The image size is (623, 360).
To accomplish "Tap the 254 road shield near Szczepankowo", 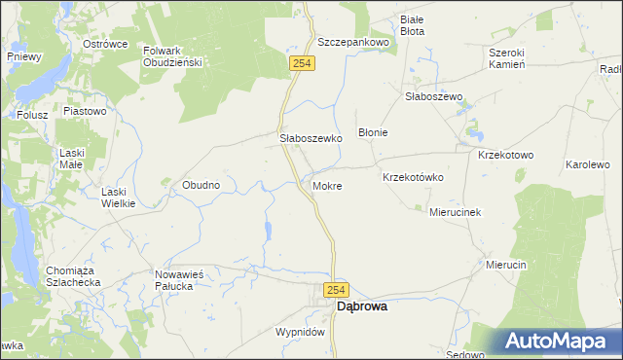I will [301, 63].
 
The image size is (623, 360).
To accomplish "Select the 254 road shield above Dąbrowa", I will [336, 291].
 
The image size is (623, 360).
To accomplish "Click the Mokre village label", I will [327, 185].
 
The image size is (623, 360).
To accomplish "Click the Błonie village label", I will [374, 132].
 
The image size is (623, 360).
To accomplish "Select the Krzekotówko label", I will [413, 177].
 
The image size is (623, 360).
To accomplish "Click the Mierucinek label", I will [457, 211].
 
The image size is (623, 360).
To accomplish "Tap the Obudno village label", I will [202, 184].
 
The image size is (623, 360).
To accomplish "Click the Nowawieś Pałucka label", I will [179, 281].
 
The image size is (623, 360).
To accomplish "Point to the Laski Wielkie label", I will [119, 198].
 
